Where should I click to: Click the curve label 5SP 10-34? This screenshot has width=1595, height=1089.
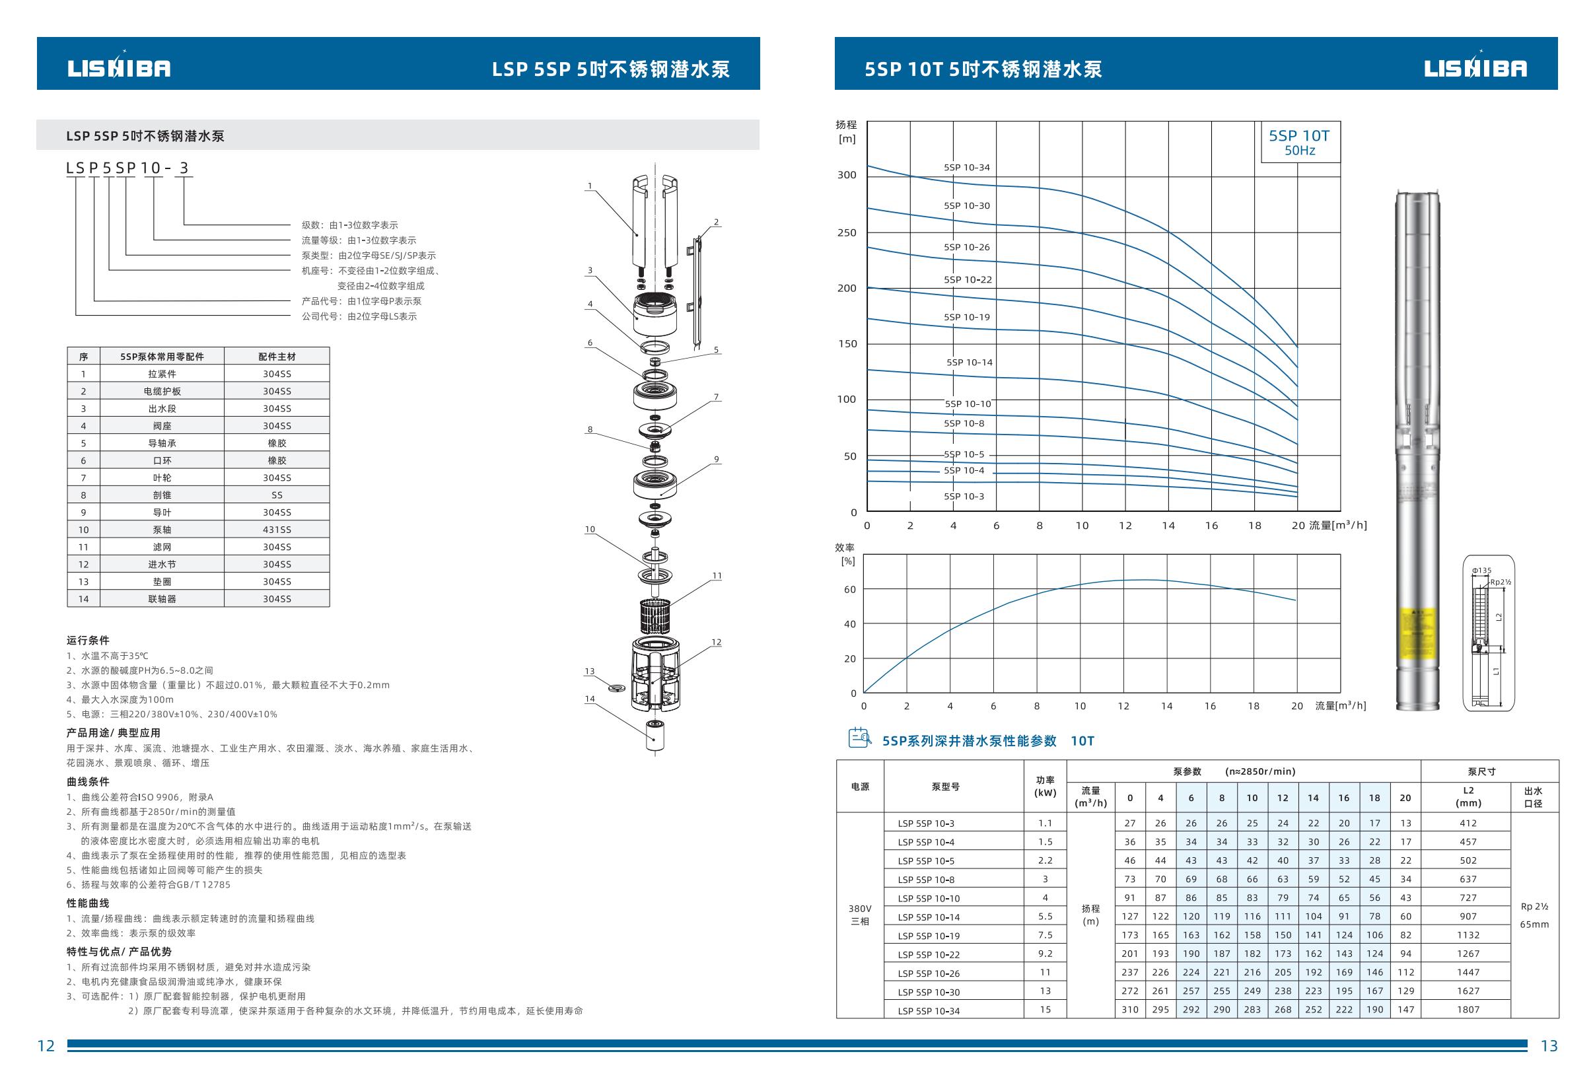coord(966,168)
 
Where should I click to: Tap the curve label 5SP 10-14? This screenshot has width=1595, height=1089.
coord(969,363)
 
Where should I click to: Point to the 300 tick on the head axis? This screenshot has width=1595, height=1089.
coord(847,175)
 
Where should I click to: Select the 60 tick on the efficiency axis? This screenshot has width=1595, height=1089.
coord(849,590)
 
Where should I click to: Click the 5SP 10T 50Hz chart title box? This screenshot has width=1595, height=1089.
coord(1299,142)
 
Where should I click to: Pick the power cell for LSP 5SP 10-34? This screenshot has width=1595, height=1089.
coord(1045,1009)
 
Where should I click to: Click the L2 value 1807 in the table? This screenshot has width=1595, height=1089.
coord(1468,1009)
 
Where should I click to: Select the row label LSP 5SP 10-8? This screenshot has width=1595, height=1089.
coord(926,880)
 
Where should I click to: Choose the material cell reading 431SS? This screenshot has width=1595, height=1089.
coord(277,530)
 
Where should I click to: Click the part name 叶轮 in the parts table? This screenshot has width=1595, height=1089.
coord(162,477)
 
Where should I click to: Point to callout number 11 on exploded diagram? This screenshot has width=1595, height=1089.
coord(717,576)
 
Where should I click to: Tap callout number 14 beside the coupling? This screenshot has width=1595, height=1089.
coord(590,699)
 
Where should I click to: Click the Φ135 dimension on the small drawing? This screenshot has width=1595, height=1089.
coord(1481,570)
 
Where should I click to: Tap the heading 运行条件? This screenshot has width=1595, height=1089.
coord(88,640)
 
